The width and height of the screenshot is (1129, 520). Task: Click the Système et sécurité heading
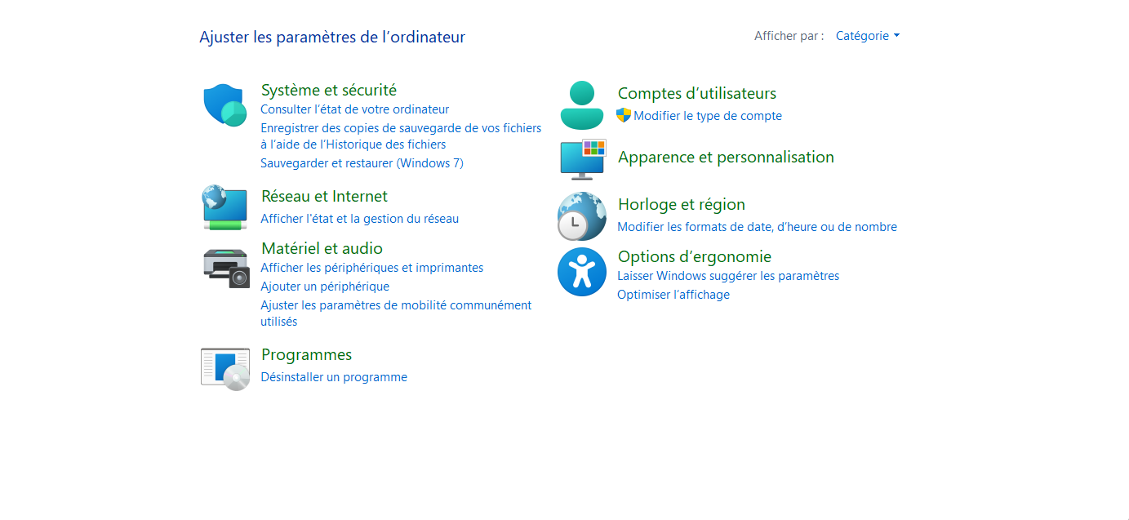pos(329,90)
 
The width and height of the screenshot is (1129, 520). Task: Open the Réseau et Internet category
pos(324,196)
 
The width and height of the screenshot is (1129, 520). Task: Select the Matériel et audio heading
pos(322,248)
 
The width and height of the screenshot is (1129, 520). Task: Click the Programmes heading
pos(306,355)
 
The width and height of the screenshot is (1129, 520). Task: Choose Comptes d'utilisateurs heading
pos(696,93)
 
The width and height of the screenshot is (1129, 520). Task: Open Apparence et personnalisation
pos(726,158)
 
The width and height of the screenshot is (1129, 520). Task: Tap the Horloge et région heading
pos(682,205)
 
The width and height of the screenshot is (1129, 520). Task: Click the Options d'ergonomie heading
pos(695,256)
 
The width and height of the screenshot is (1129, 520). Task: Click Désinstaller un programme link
pos(334,377)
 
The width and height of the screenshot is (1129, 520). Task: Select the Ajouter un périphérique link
pos(325,287)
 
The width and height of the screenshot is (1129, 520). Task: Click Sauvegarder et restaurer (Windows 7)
pos(362,163)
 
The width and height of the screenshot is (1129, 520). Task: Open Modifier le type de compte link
pos(708,116)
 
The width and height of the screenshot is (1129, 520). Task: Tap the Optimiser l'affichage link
pos(673,295)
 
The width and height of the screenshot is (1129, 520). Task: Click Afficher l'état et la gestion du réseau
pos(359,219)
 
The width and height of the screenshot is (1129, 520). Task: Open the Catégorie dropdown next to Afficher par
pos(868,36)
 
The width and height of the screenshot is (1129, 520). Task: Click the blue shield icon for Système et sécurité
pos(224,104)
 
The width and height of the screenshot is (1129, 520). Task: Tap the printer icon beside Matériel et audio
pos(226,268)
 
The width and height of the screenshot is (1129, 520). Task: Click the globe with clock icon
pos(581,216)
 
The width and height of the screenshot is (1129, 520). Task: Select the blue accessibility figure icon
pos(581,272)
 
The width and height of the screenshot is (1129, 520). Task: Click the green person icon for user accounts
pos(581,105)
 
